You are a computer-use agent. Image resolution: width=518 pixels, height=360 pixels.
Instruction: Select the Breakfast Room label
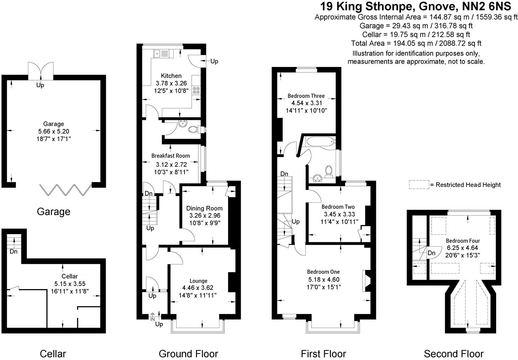pos(171,156)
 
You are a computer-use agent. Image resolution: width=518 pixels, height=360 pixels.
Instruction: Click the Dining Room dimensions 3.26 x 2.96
pos(204,216)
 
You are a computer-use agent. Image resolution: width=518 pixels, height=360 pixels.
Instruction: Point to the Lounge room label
pos(199,281)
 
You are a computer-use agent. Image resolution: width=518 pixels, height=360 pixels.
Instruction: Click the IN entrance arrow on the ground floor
pos(153,317)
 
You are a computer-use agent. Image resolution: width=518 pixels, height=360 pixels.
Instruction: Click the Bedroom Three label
pos(306,96)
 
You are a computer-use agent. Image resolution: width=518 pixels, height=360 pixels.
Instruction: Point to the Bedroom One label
pos(323,272)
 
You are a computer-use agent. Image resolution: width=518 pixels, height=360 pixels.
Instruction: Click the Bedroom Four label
pos(463,241)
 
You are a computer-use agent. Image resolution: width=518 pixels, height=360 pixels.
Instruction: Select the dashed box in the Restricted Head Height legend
pos(419,185)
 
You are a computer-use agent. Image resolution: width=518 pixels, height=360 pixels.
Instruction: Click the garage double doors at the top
pos(41,70)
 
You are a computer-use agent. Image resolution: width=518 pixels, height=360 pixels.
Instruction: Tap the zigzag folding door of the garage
pos(65,190)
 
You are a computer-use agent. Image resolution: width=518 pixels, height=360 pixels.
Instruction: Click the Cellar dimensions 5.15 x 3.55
pos(70,284)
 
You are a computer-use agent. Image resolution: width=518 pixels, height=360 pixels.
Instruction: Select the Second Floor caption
pos(453,354)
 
